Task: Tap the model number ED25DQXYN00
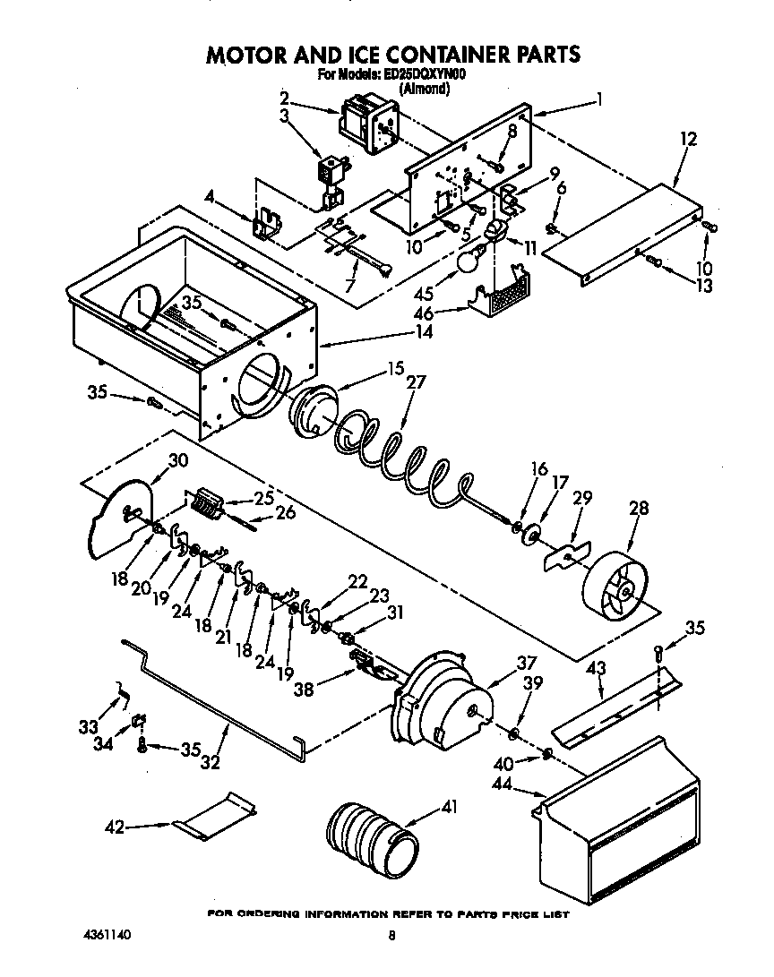[423, 75]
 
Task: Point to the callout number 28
[639, 510]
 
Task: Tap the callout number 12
[688, 139]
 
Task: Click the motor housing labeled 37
[439, 698]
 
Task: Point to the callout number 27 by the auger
[416, 381]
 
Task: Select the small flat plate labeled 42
[215, 815]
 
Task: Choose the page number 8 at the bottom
[391, 937]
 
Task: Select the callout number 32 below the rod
[210, 763]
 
